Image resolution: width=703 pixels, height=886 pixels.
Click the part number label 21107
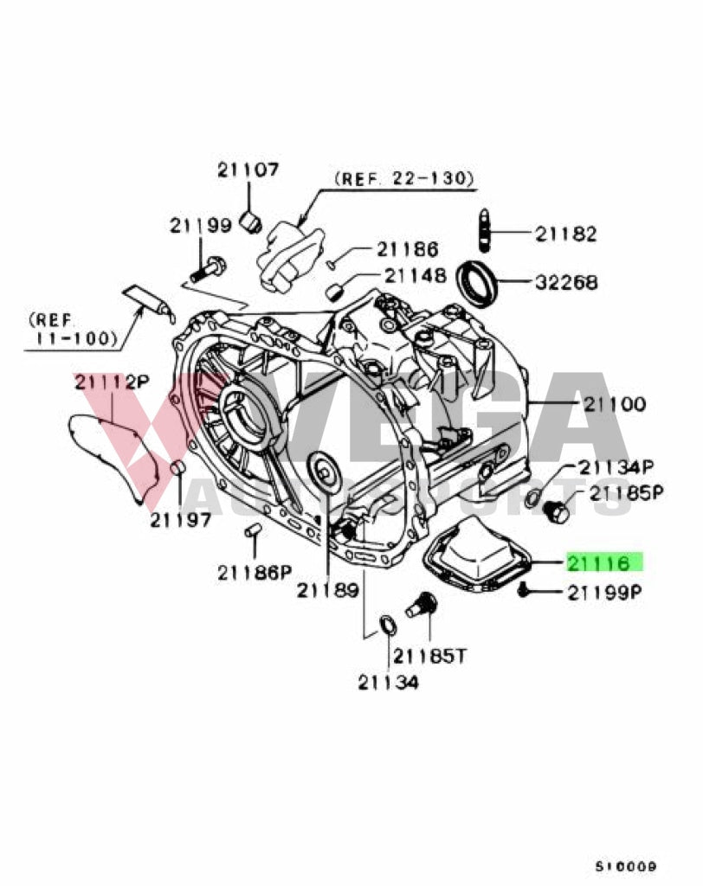pos(248,170)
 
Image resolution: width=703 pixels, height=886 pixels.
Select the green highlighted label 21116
pos(605,563)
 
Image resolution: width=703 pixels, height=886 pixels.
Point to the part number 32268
pos(565,282)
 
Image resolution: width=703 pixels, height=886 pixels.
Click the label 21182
pos(565,234)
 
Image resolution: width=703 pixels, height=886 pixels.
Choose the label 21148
pos(416,276)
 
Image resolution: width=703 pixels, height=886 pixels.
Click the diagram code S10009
pos(625,865)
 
